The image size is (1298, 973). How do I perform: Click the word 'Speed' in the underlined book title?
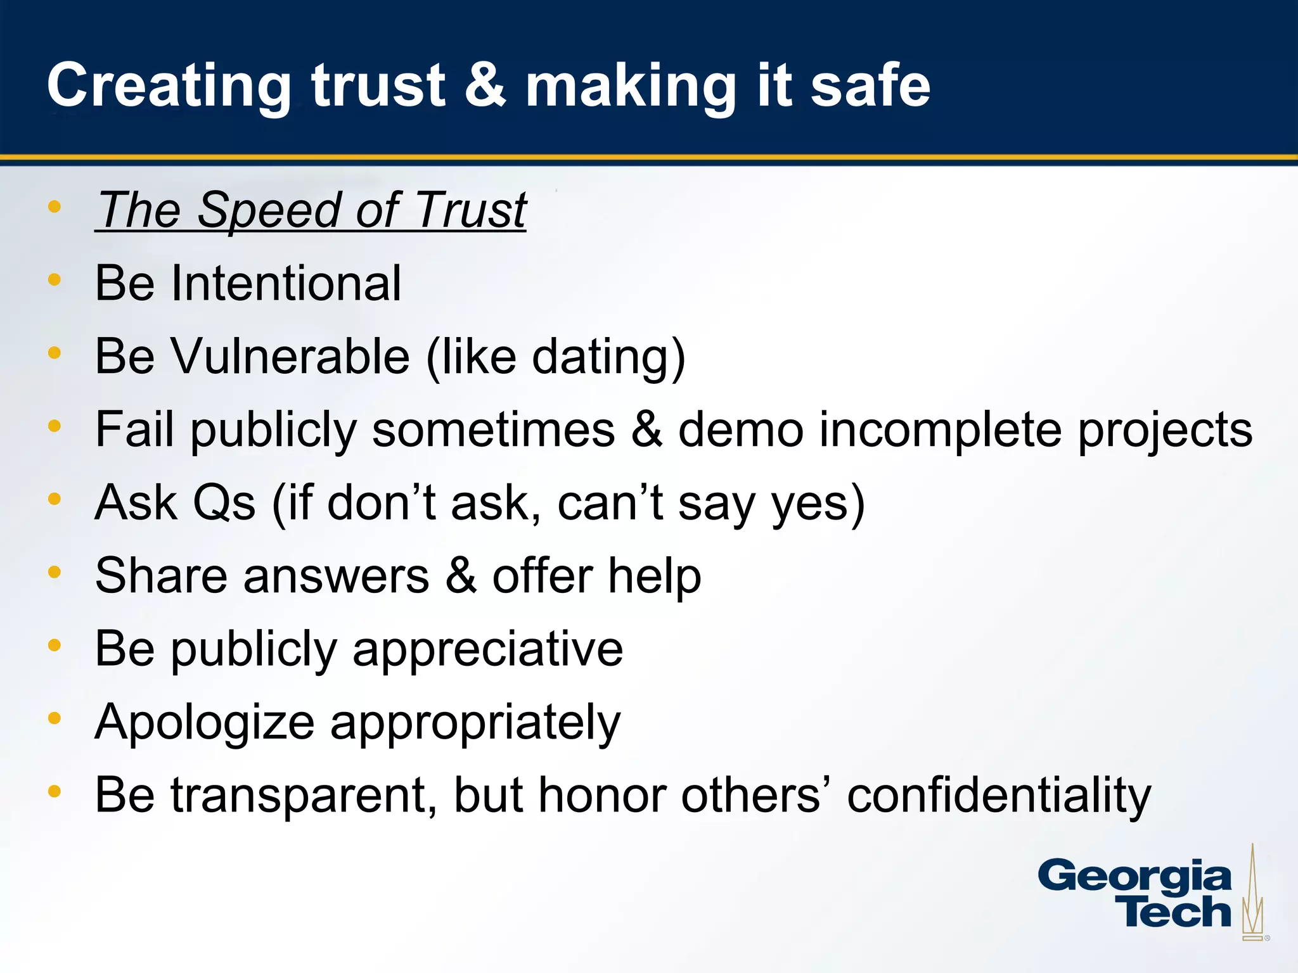268,210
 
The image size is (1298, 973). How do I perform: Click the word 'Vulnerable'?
291,356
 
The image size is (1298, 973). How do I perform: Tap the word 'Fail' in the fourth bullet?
134,429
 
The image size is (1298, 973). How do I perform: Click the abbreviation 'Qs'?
224,503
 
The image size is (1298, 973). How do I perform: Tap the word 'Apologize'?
204,723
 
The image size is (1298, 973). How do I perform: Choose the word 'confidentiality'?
999,796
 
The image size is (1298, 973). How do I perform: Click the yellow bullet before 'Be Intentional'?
55,279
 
